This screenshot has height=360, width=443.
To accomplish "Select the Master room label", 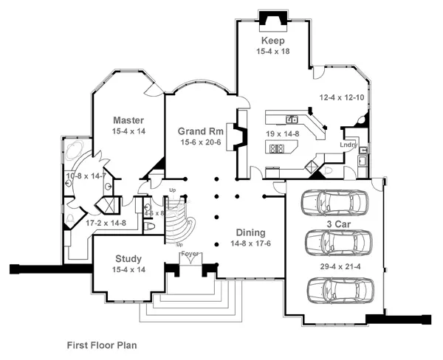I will coord(128,120).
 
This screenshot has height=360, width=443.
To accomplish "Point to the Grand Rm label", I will coord(196,131).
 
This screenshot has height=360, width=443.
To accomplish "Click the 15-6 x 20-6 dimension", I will coord(196,143).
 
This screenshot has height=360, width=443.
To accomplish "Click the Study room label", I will coord(128,259).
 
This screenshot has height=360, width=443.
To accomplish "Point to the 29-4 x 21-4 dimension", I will coord(338,265).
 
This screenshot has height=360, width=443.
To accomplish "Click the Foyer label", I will coord(190,255).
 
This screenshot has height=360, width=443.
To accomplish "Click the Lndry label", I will coord(349,145).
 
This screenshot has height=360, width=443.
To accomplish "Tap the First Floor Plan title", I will coord(102,345).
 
